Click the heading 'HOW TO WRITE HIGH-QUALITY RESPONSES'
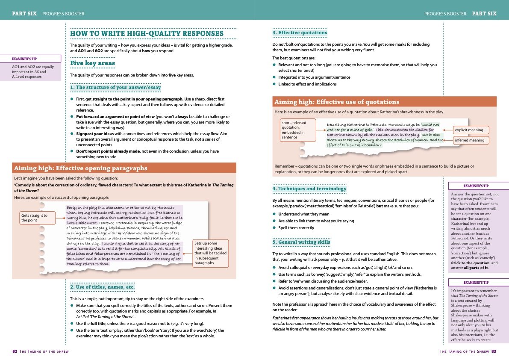pos(147,33)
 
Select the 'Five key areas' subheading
pos(92,63)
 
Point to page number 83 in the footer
pos(493,351)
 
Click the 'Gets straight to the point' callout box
pos(38,218)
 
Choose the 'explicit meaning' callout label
pos(469,130)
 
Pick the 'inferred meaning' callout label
pos(469,140)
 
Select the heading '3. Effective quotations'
pos(300,32)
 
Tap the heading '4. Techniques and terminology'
pos(309,189)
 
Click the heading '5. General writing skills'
pos(301,242)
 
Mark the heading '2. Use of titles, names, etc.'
pos(103,286)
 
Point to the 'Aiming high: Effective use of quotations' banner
pos(337,102)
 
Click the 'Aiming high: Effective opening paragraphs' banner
pos(80,168)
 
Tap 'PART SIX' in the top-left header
pos(24,14)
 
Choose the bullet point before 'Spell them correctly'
pos(274,228)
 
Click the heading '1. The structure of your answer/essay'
pos(115,87)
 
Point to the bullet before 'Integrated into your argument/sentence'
pos(274,77)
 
